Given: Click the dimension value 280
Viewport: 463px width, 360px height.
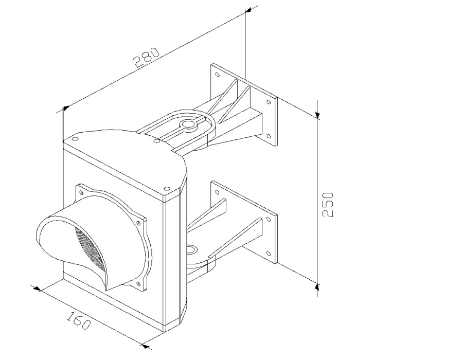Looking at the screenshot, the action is click(147, 58).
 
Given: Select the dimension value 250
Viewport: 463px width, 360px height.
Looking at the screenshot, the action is click(328, 205).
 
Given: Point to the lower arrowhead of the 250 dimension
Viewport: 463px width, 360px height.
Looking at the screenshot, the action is click(317, 286).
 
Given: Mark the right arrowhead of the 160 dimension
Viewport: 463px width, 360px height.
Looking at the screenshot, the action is click(145, 346).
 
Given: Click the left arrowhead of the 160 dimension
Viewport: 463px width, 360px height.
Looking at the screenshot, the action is click(37, 289).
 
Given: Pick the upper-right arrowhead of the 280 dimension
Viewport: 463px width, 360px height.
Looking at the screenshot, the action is click(248, 10).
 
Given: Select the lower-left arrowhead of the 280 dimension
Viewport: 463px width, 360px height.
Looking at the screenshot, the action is click(66, 108).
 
